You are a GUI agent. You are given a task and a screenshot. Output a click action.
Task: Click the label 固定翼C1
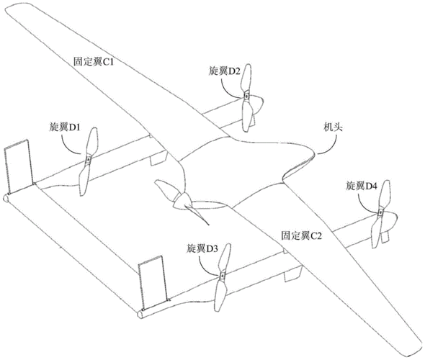[93, 63]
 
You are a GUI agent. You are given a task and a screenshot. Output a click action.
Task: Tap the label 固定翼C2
[301, 235]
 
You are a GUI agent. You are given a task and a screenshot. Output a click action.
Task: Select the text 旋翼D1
[64, 127]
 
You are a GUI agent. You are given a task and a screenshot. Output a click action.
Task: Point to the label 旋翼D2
[224, 71]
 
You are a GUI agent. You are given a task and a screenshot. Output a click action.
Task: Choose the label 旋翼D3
[202, 248]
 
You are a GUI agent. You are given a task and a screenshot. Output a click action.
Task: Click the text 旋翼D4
[362, 186]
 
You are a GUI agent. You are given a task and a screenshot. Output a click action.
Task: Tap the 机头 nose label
[333, 127]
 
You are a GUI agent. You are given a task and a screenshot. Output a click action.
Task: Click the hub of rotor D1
[88, 160]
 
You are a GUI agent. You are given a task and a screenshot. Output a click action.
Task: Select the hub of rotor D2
[246, 96]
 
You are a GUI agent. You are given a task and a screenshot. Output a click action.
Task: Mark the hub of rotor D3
[222, 276]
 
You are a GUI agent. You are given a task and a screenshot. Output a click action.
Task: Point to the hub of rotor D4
[380, 212]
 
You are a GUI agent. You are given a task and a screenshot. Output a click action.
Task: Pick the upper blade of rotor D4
[385, 194]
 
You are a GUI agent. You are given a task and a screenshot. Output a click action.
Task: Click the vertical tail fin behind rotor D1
[18, 167]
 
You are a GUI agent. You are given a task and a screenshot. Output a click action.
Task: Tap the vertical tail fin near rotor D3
[153, 282]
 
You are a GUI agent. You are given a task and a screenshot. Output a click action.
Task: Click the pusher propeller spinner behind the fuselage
[182, 202]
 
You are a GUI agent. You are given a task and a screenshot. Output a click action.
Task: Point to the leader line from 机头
[331, 145]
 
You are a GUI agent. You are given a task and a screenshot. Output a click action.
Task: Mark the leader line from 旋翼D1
[69, 147]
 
